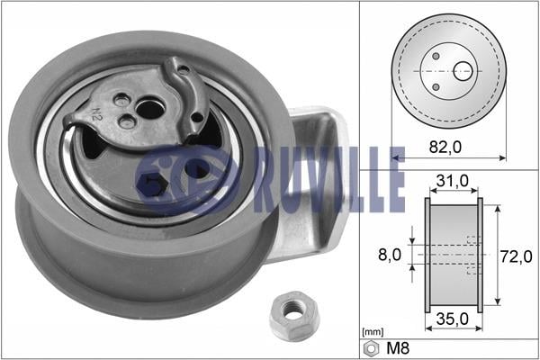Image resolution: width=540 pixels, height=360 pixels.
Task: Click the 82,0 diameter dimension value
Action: pyautogui.click(x=445, y=148)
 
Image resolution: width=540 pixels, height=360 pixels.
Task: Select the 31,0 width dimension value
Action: pyautogui.click(x=453, y=180)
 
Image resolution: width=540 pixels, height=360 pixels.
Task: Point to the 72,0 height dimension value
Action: pyautogui.click(x=517, y=256)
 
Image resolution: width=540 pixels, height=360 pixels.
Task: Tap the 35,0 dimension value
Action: pyautogui.click(x=453, y=319)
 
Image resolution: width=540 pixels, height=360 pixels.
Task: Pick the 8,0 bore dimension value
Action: pyautogui.click(x=390, y=255)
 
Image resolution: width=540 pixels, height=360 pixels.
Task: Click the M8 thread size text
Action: pyautogui.click(x=398, y=348)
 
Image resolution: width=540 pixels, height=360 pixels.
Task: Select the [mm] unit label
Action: pyautogui.click(x=373, y=332)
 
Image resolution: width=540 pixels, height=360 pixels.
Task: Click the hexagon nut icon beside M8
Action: pyautogui.click(x=371, y=348)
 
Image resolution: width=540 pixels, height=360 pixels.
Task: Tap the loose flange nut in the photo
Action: pyautogui.click(x=293, y=316)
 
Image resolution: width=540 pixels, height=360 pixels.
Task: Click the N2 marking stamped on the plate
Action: pyautogui.click(x=97, y=114)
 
